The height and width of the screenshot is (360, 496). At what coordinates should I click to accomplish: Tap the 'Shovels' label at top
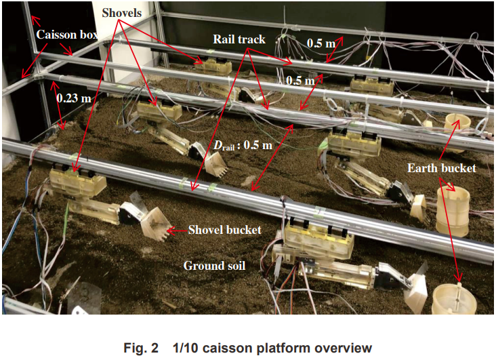[x=123, y=12]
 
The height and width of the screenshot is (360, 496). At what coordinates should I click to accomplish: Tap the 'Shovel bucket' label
[x=225, y=230]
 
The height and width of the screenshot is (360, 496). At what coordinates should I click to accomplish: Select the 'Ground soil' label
[x=214, y=266]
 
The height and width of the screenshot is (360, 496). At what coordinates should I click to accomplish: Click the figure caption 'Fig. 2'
[x=144, y=348]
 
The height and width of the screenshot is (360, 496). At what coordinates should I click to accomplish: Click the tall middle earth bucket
[x=452, y=211]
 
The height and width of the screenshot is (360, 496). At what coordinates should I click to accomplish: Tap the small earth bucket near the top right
[x=458, y=125]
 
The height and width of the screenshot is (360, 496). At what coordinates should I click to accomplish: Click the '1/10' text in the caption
[x=184, y=348]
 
